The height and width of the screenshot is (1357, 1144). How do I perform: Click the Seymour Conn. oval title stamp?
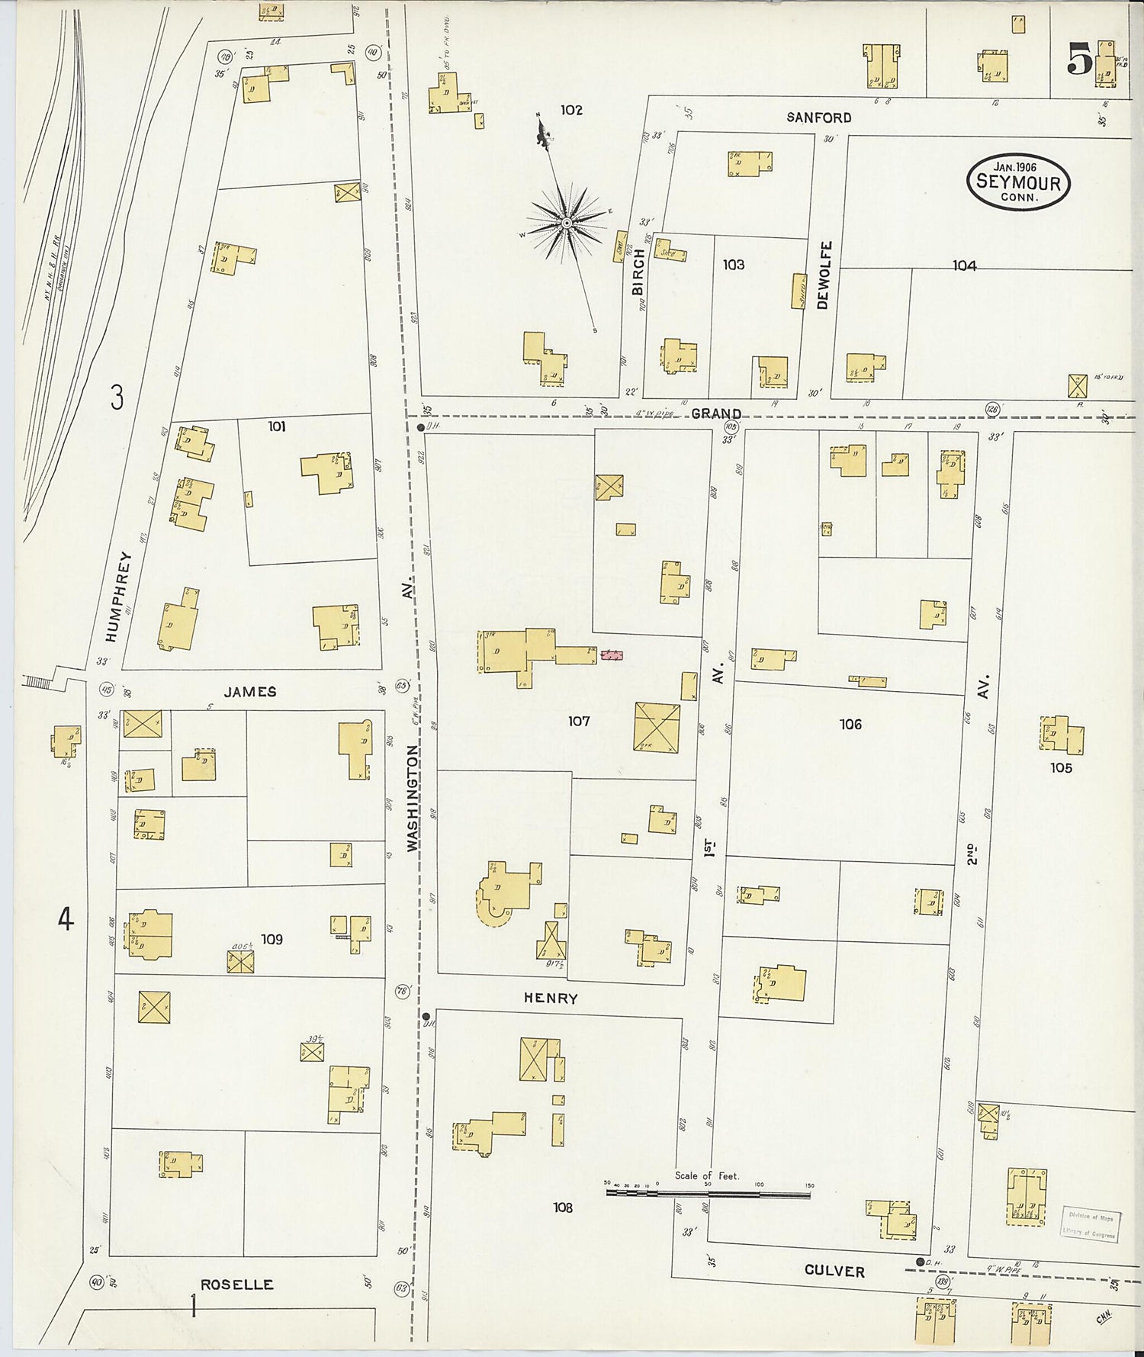click(1018, 182)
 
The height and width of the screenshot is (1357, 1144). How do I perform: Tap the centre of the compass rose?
click(567, 223)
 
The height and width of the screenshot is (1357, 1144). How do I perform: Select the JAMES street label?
click(250, 692)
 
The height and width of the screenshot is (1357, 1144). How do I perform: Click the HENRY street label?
click(551, 998)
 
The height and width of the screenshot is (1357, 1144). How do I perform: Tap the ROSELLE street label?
click(236, 1285)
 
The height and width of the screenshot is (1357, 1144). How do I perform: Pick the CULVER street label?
click(834, 1271)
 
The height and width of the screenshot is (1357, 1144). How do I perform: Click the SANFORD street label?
click(818, 117)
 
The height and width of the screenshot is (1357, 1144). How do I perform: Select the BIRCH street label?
click(638, 272)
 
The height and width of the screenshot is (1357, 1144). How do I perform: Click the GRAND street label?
click(716, 414)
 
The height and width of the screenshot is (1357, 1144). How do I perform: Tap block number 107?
click(579, 721)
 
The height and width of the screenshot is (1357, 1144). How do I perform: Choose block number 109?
click(272, 940)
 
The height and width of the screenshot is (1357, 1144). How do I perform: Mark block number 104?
click(964, 265)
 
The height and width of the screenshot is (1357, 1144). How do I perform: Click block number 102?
click(571, 111)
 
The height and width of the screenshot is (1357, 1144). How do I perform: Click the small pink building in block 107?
click(612, 654)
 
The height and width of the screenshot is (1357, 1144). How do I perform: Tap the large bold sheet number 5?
click(1079, 59)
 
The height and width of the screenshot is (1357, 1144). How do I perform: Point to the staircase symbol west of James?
click(37, 680)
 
